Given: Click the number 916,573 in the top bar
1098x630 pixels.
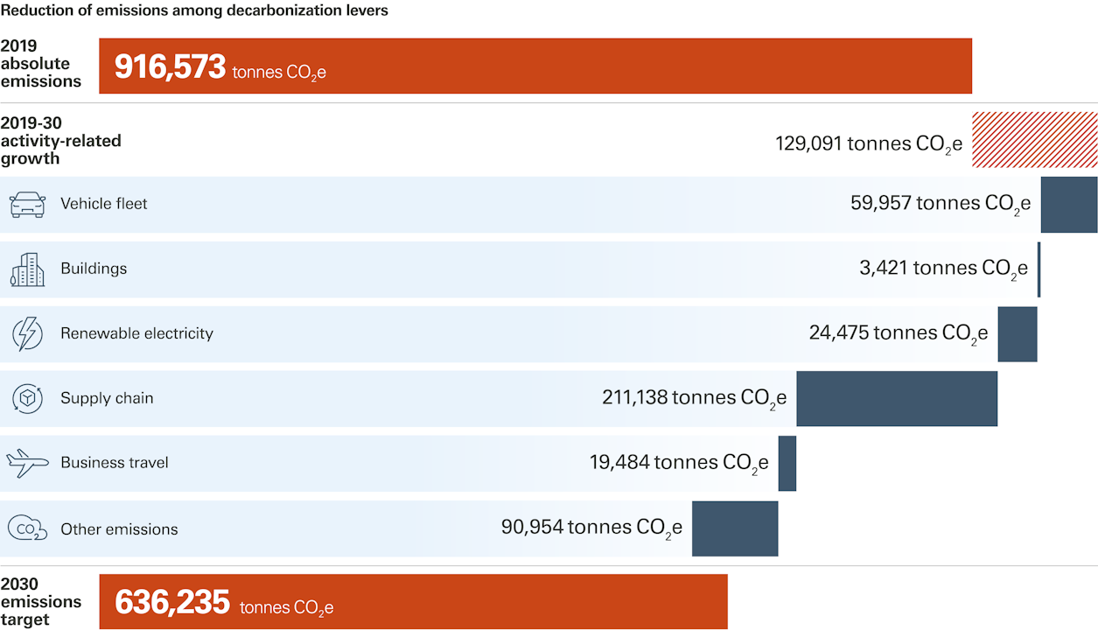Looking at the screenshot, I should point(171,67).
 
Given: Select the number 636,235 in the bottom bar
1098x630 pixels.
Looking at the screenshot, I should point(172,603).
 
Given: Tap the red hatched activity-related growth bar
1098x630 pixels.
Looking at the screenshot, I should point(1034,140).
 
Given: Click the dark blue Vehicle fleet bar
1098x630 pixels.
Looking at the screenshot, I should point(1068,205).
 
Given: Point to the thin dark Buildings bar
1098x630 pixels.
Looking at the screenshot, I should point(1039,269).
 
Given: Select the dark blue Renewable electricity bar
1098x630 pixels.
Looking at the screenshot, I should point(1018,334).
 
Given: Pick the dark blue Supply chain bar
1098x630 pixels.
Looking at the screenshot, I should point(897,399).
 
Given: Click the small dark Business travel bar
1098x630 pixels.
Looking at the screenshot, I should point(787,464).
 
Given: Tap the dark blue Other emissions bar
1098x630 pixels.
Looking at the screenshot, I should point(735,528).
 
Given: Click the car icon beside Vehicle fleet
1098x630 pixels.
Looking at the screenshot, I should point(27,205).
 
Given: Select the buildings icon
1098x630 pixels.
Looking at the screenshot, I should point(27,269).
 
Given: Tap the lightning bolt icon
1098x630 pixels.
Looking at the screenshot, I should point(27,334).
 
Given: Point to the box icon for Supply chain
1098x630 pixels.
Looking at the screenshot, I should point(27,399).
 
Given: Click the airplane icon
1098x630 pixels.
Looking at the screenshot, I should point(27,464).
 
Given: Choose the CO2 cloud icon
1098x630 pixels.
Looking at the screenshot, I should point(27,528).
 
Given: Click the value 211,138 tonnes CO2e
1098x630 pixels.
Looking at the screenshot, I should point(694,398).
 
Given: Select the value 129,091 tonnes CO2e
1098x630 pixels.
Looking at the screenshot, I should point(868,143).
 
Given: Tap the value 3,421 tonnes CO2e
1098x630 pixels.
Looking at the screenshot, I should point(943,269).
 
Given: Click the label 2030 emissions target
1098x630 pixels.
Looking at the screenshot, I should point(40,602).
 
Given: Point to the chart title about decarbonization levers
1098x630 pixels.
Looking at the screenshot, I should point(194,11).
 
